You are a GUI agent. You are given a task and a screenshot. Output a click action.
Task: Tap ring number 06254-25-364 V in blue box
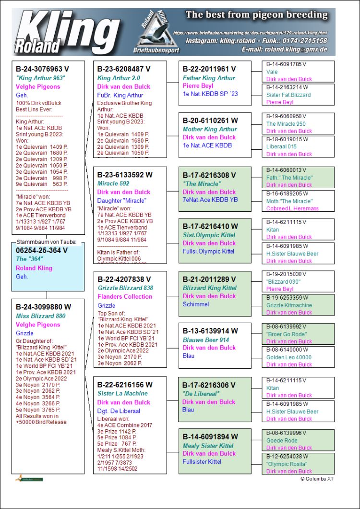click(42, 250)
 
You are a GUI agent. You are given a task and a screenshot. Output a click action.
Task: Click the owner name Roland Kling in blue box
click(34, 268)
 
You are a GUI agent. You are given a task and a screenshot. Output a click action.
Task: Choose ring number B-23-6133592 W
click(124, 175)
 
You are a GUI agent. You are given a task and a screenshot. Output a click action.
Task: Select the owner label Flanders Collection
click(125, 297)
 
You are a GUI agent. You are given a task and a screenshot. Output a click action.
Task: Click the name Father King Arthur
click(209, 78)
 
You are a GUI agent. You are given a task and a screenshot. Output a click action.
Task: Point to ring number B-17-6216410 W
click(210, 226)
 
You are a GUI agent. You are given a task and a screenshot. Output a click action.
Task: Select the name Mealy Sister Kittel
click(208, 445)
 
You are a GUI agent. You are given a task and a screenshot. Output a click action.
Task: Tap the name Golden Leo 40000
click(289, 357)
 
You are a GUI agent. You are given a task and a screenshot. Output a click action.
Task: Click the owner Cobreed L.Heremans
click(292, 208)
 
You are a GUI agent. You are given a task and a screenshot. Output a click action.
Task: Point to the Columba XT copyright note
click(317, 479)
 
